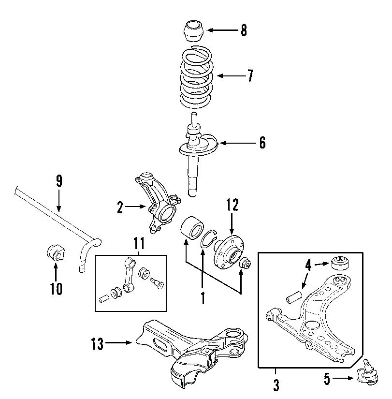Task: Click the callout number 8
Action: [x=244, y=30]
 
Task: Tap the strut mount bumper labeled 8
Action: [x=194, y=31]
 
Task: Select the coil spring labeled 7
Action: [x=196, y=77]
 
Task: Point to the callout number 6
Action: [x=262, y=143]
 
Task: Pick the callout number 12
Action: [x=232, y=205]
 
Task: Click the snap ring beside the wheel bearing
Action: [x=208, y=239]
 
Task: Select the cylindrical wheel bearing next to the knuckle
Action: [x=192, y=228]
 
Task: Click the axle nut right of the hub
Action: [x=246, y=262]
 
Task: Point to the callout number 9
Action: [x=59, y=181]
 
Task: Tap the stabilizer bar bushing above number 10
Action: [x=56, y=252]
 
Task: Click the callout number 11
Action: [x=139, y=243]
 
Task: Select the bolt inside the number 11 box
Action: [x=156, y=283]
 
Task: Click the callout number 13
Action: [x=98, y=344]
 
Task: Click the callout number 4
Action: [x=308, y=265]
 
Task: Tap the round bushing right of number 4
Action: [x=340, y=263]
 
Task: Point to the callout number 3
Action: [x=276, y=385]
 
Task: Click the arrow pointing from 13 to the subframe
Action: [x=118, y=343]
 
